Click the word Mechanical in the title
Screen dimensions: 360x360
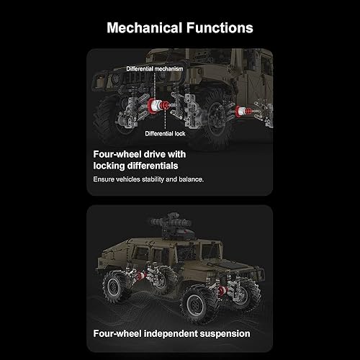[144, 29]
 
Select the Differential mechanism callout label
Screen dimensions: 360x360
[154, 68]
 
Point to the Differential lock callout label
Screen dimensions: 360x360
[166, 134]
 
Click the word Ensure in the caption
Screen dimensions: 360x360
[105, 178]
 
